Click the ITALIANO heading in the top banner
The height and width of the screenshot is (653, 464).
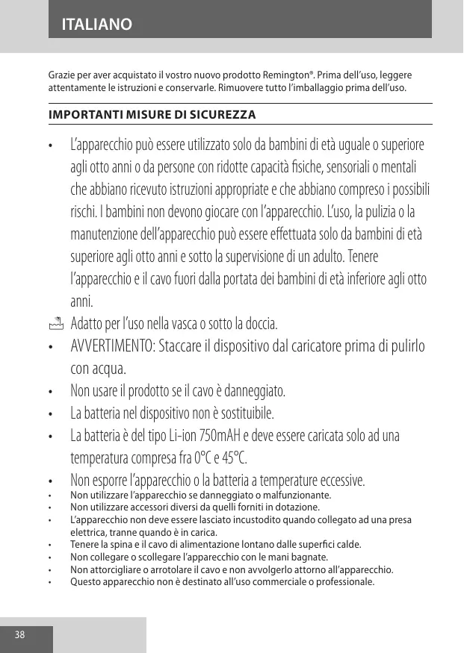(x=98, y=25)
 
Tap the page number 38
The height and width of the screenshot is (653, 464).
(x=19, y=635)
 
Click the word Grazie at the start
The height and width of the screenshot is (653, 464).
(x=62, y=76)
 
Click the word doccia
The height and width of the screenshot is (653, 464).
(x=259, y=325)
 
